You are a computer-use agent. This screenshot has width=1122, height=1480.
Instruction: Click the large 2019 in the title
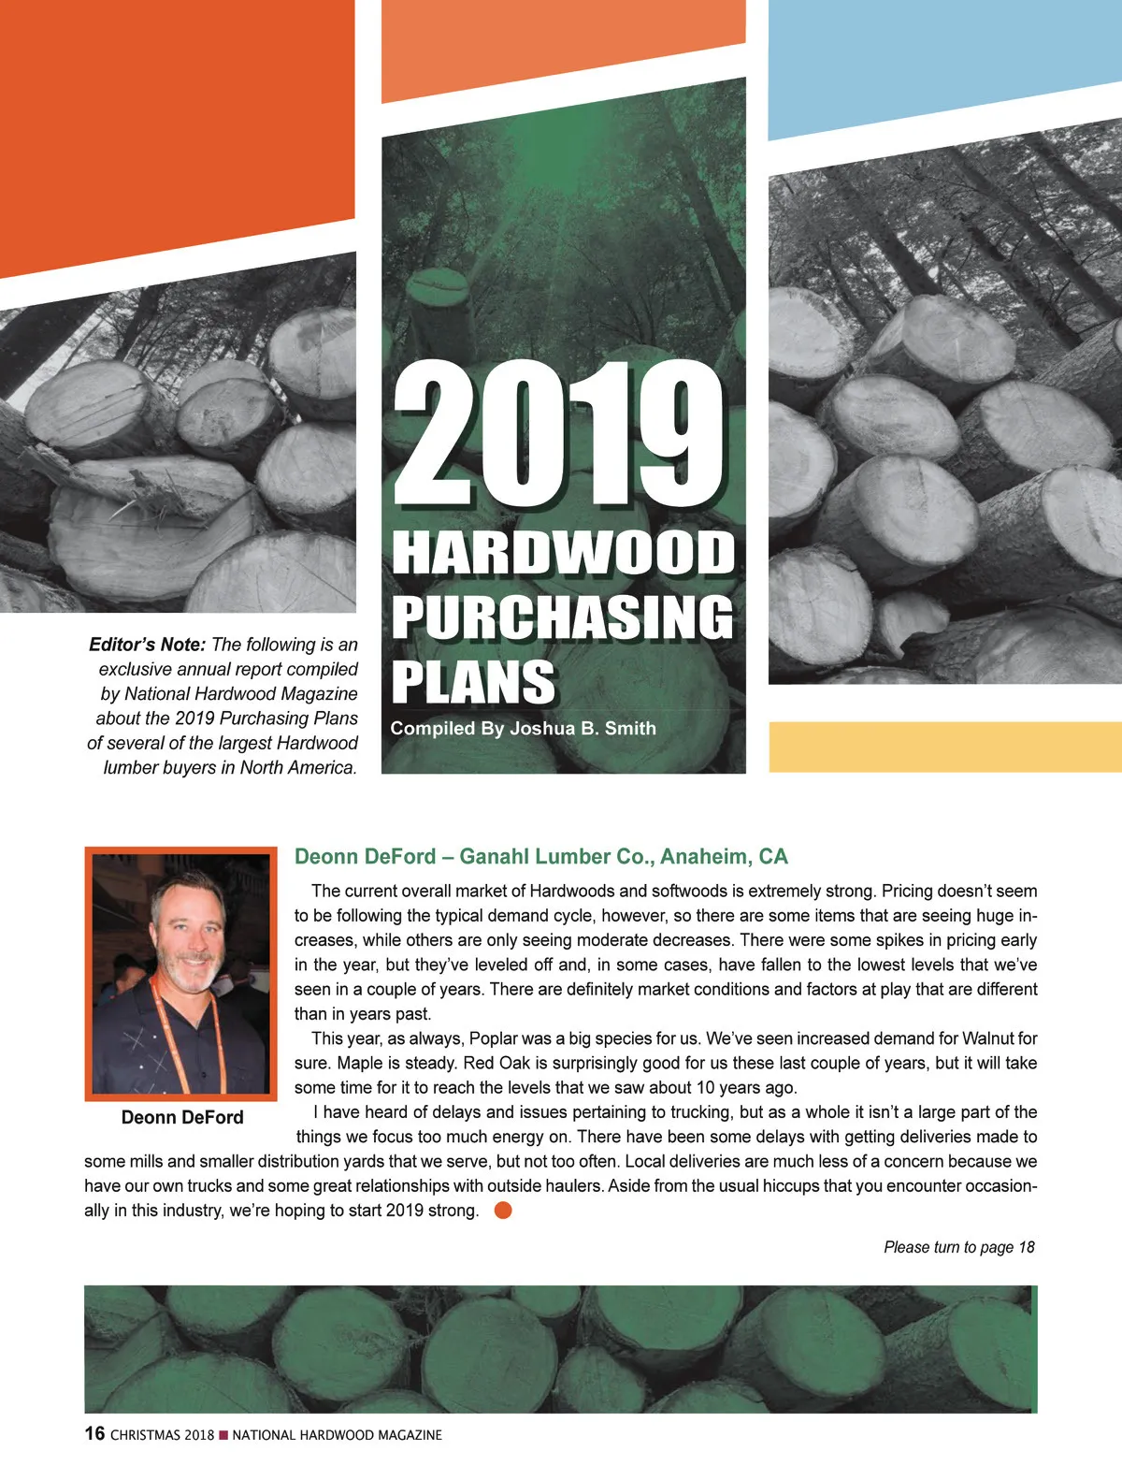[x=559, y=436]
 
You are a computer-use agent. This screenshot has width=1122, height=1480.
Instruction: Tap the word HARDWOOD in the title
[x=563, y=553]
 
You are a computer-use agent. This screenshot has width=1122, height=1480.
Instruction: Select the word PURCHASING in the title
[x=563, y=617]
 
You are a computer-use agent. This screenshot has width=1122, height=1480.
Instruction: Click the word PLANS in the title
[x=473, y=682]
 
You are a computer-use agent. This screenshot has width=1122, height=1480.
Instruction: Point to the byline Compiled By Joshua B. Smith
[x=523, y=729]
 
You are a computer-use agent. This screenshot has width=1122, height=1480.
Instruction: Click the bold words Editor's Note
[x=147, y=645]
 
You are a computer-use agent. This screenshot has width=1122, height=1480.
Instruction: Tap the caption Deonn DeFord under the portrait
[x=182, y=1117]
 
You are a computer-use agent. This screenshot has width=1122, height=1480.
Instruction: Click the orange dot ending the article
[x=503, y=1210]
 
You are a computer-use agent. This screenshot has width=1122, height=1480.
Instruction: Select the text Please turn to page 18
[x=958, y=1247]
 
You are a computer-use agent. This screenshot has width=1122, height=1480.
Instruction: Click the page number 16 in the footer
[x=94, y=1433]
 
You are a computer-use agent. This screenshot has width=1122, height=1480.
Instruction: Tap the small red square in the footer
[x=223, y=1435]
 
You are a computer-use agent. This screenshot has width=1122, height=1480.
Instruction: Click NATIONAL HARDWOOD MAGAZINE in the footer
[x=337, y=1435]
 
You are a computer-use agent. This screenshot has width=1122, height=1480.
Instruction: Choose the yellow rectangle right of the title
[x=944, y=747]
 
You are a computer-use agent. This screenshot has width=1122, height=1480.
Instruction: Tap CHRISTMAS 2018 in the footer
[x=162, y=1435]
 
